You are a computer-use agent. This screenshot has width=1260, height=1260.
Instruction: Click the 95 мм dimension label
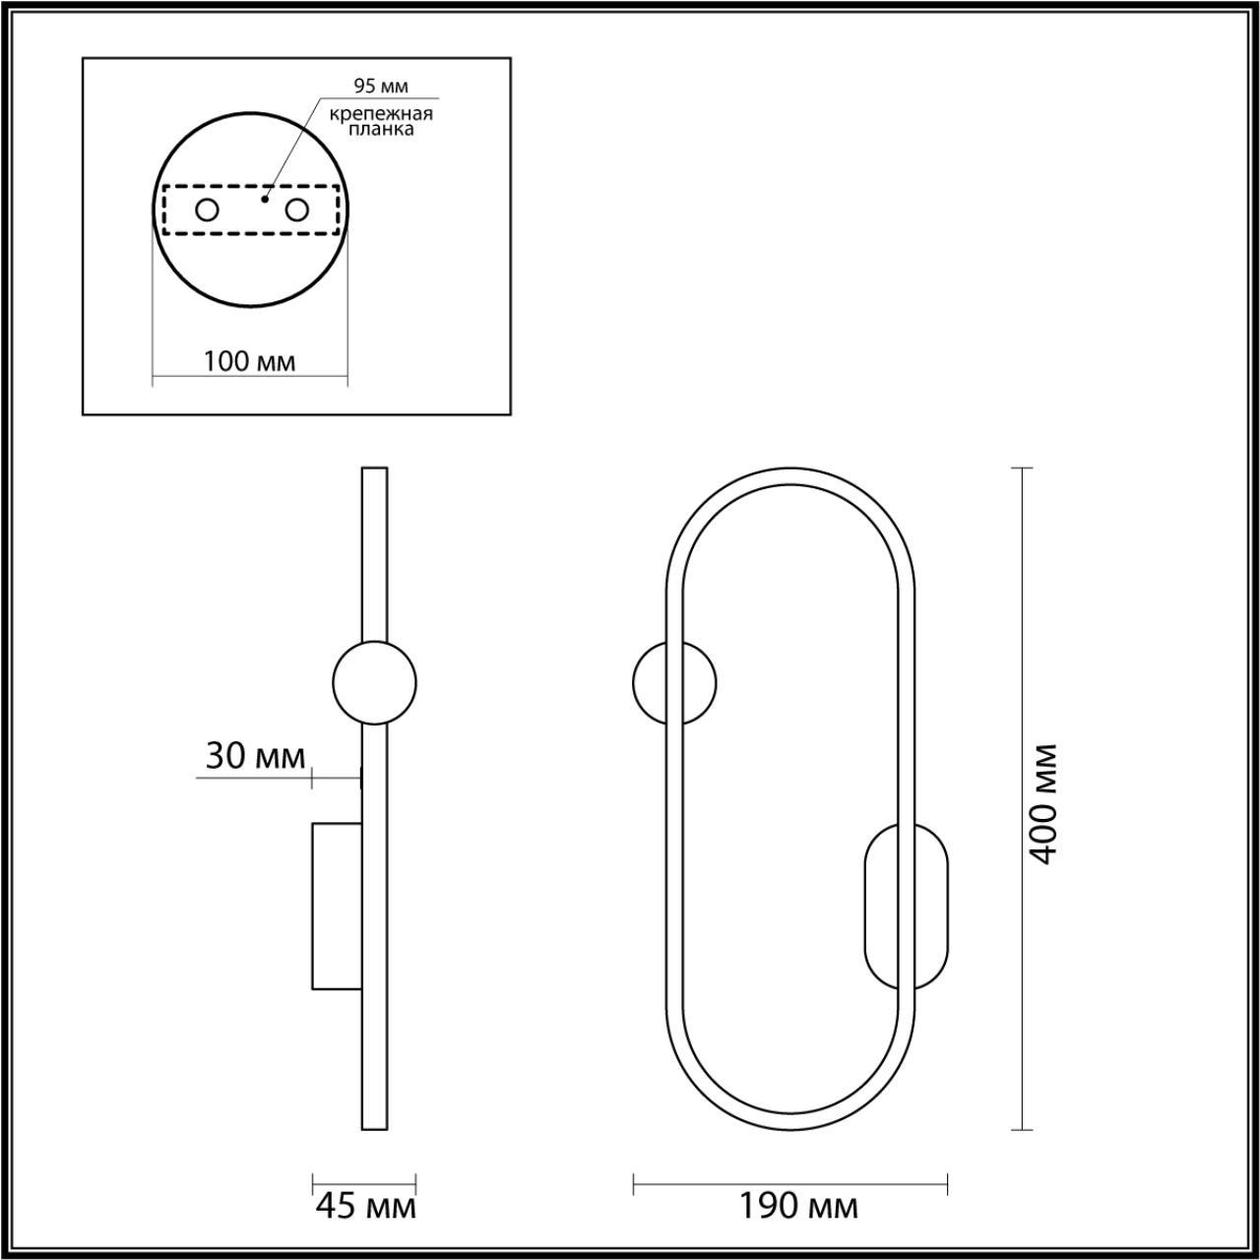[x=380, y=86]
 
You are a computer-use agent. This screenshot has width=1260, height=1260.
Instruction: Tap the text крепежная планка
[x=381, y=121]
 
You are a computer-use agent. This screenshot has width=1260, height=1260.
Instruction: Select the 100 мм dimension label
[x=249, y=361]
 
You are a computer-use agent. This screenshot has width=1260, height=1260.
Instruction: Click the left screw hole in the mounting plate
[x=208, y=210]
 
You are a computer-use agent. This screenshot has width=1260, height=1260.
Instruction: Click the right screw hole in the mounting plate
[x=296, y=210]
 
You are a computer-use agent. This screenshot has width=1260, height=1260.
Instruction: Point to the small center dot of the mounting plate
[x=263, y=198]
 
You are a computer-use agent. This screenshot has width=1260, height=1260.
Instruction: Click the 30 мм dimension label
[x=255, y=756]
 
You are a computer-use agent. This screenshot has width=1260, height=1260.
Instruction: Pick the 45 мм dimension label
[x=364, y=1206]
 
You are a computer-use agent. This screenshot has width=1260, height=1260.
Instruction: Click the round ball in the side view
[x=374, y=682]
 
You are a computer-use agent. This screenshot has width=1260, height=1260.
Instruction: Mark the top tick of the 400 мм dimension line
[x=1023, y=469]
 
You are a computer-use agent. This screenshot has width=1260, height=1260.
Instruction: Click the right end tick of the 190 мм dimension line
[x=947, y=1184]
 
